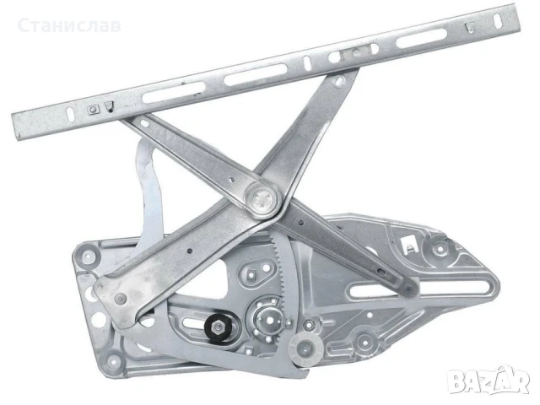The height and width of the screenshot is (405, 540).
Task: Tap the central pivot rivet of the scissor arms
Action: click(x=261, y=199)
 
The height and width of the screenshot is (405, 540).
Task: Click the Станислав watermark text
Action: click(x=69, y=26)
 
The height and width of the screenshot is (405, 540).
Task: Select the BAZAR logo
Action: click(x=488, y=381)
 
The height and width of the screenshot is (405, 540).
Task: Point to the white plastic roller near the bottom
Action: click(x=306, y=349)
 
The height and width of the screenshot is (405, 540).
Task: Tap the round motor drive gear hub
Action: click(x=269, y=320)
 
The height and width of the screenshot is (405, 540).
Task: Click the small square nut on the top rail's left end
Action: click(x=93, y=110)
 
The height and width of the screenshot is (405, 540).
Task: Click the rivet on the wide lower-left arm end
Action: click(x=120, y=298)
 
